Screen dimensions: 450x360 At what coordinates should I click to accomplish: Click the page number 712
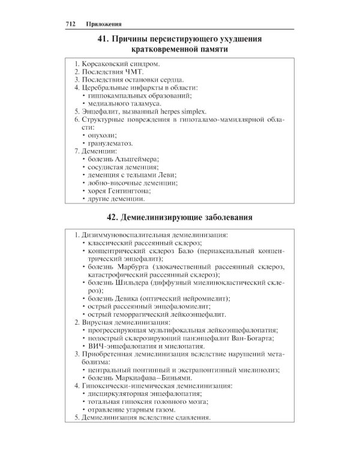pos(71,23)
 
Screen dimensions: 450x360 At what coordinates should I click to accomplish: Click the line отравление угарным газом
pos(131,409)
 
